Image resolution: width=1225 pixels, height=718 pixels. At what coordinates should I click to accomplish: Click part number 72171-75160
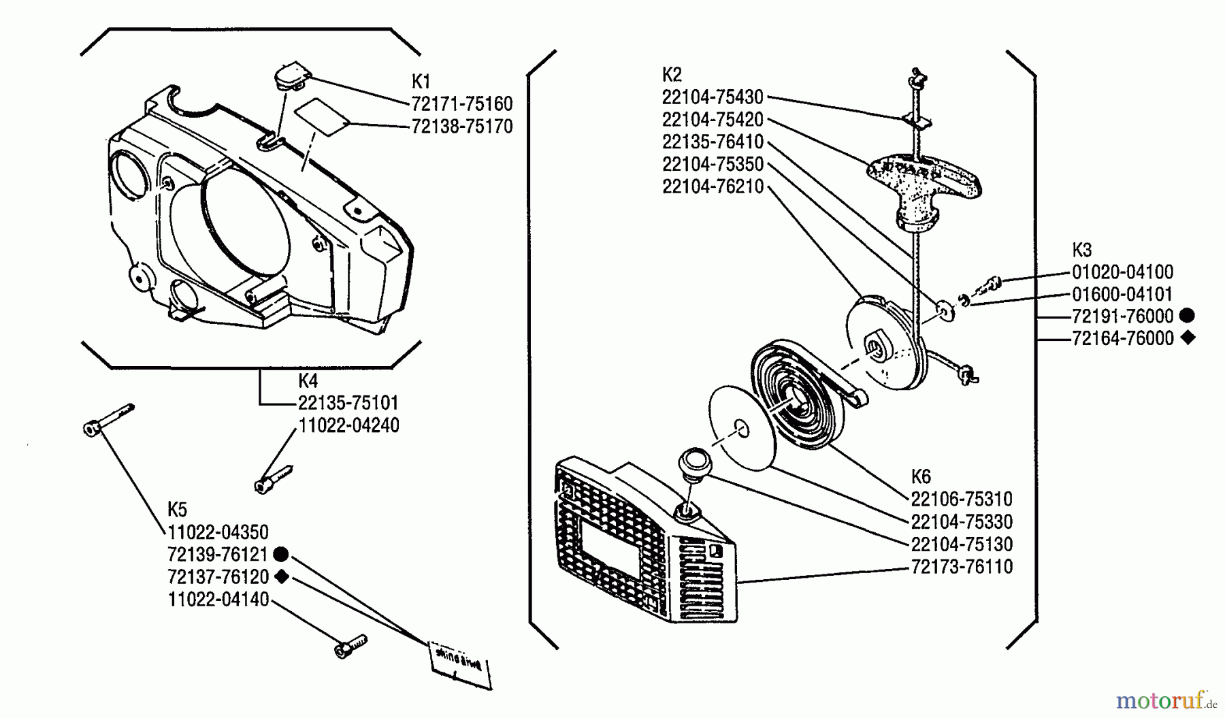coord(461,104)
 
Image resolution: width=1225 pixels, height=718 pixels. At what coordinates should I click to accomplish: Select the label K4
coord(308,380)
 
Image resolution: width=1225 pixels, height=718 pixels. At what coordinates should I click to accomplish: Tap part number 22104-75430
coord(713,97)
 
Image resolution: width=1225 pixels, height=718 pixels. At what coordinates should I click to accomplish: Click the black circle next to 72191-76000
coord(1187,315)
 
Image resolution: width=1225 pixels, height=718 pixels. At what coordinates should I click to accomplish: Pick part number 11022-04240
coord(348,425)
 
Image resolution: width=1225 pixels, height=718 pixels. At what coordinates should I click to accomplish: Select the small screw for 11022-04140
coord(350,645)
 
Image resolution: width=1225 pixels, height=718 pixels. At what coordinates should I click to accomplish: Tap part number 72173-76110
coord(962,567)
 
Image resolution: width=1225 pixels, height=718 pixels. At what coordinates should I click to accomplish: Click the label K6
coord(920,476)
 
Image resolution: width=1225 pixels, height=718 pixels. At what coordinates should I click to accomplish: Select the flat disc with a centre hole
coord(742,428)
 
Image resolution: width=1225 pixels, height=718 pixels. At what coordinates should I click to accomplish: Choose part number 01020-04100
coord(1122,272)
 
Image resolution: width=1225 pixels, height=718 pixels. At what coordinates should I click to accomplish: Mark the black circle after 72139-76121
coord(282,554)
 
